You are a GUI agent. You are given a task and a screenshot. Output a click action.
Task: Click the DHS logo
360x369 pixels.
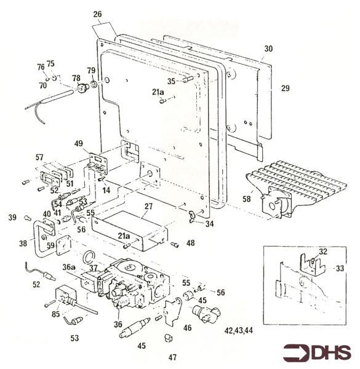[x=317, y=353]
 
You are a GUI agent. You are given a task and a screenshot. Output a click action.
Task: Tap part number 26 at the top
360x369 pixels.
[x=97, y=14]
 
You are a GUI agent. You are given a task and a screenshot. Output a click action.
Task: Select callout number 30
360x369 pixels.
[x=268, y=49]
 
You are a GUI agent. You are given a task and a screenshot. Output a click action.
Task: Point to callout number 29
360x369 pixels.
[x=285, y=89]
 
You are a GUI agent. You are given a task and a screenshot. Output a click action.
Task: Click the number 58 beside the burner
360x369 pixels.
[x=247, y=199]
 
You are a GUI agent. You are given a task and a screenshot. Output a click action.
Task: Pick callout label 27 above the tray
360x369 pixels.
[x=148, y=207]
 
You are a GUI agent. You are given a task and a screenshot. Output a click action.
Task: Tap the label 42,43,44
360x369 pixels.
[x=239, y=331]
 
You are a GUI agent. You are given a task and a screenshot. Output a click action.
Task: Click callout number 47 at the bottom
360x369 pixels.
[x=172, y=357]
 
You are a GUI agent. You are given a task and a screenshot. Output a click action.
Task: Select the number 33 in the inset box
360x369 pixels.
[x=340, y=268]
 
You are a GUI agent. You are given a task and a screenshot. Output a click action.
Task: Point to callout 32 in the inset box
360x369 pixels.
[x=323, y=252]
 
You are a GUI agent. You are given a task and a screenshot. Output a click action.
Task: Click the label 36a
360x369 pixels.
[x=69, y=267]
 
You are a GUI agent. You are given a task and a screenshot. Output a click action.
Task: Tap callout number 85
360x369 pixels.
[x=55, y=314]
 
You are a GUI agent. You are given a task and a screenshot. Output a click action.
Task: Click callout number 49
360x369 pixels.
[x=79, y=143]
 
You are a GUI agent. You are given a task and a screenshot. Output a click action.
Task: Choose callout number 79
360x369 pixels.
[x=91, y=70]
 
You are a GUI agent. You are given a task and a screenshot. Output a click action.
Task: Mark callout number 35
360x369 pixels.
[x=171, y=81]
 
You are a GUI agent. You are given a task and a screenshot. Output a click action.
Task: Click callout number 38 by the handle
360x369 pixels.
[x=23, y=244]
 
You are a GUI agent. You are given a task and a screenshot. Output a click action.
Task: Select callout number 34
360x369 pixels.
[x=210, y=224]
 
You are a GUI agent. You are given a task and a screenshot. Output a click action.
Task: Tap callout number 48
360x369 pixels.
[x=191, y=243]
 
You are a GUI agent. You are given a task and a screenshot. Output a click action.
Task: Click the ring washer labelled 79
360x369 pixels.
[x=94, y=84]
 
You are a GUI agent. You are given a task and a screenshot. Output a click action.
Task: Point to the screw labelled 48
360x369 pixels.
[x=175, y=245]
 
